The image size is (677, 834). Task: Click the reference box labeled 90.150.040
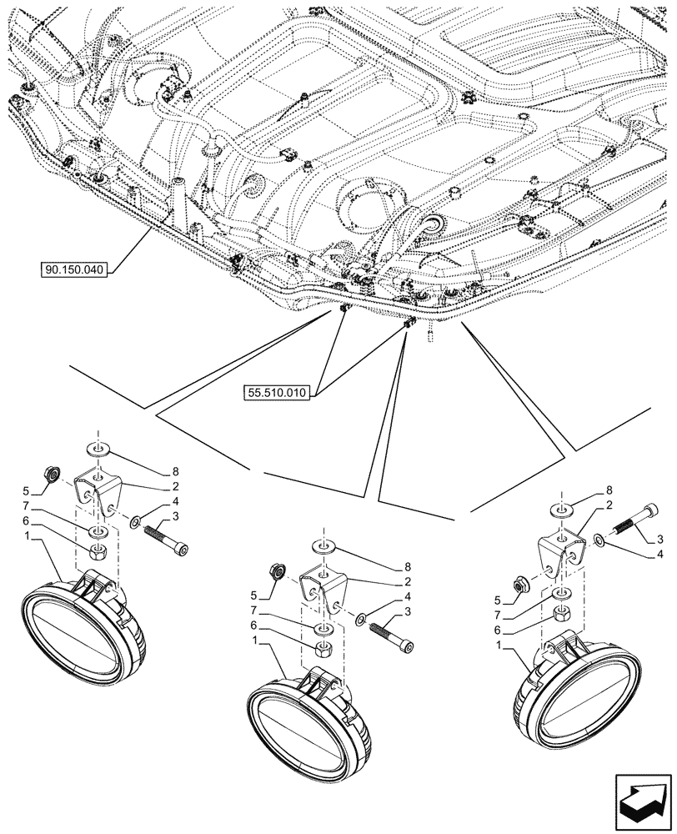[77, 269]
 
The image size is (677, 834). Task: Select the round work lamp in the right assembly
[575, 693]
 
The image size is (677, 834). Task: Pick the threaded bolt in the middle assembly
[393, 635]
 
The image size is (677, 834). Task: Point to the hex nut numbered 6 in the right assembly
[561, 614]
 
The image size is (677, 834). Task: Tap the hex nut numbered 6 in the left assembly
[97, 551]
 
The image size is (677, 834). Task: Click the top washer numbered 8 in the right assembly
[561, 509]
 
